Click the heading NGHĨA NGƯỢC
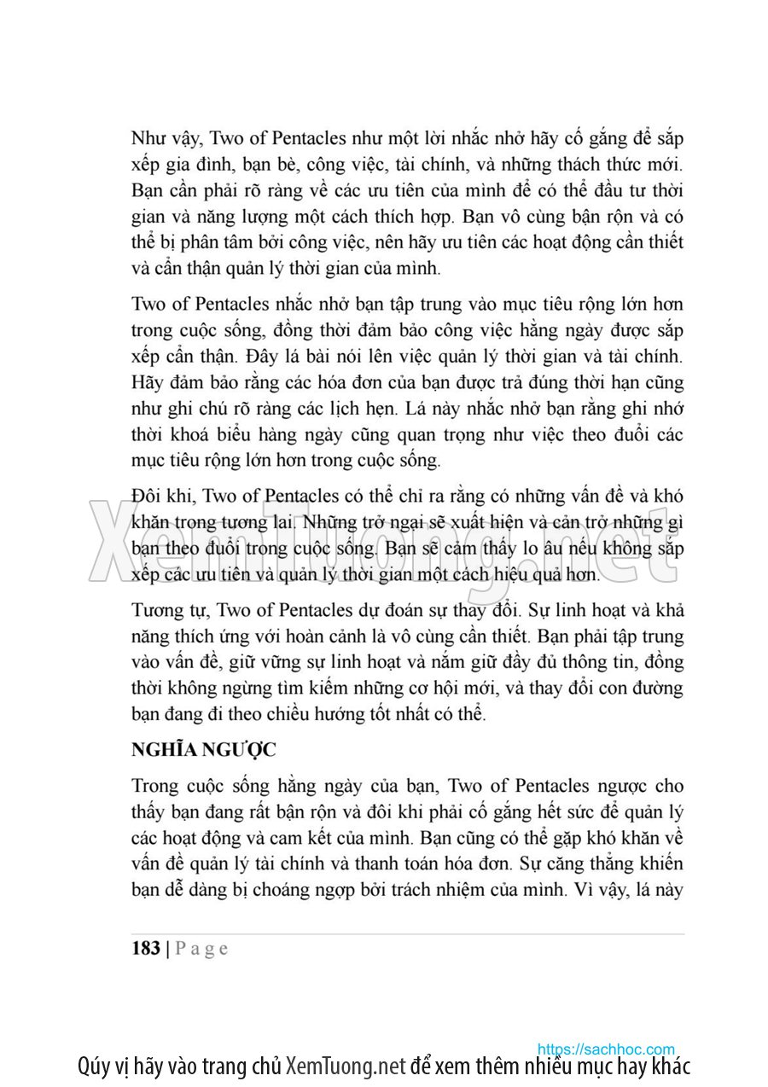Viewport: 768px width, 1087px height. [204, 750]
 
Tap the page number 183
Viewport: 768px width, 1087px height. [146, 948]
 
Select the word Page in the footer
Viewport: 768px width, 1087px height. [201, 949]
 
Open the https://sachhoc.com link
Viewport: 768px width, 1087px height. [606, 1049]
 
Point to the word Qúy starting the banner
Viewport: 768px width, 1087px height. [94, 1066]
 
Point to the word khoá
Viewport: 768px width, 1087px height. [200, 435]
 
